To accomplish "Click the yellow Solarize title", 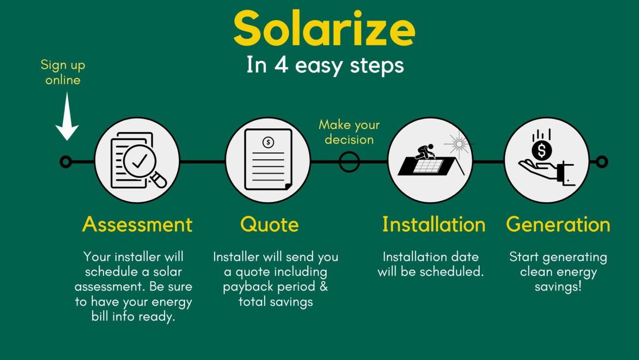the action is coord(324,28).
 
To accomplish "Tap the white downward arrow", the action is coord(67,116).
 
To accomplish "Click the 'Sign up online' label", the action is coord(63,72).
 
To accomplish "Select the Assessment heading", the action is coord(137,224).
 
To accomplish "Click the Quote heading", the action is coord(270,225).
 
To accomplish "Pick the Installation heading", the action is coord(433,224).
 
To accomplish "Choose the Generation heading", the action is coord(558,224).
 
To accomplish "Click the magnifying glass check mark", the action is coord(139,161).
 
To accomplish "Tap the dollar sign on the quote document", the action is coord(268,142).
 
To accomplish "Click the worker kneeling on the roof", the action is coord(425,151).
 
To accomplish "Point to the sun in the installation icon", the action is coord(459,144).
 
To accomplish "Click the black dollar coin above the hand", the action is coord(542,151).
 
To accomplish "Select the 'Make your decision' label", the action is coord(349,132).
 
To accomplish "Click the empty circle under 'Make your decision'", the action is coord(349,152).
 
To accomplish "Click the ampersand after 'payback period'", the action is coord(324,286).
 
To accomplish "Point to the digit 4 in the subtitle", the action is coord(281,65).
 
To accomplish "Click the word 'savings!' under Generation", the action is coord(558,287).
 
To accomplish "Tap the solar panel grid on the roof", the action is coord(428,166).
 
